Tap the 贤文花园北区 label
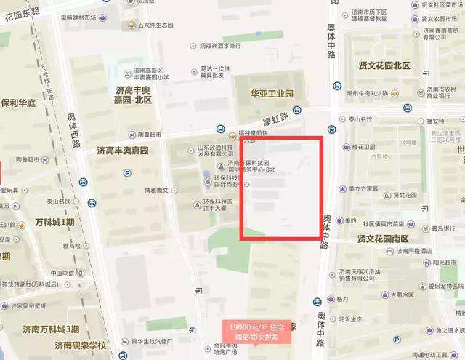point(384,65)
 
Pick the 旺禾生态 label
point(351,319)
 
